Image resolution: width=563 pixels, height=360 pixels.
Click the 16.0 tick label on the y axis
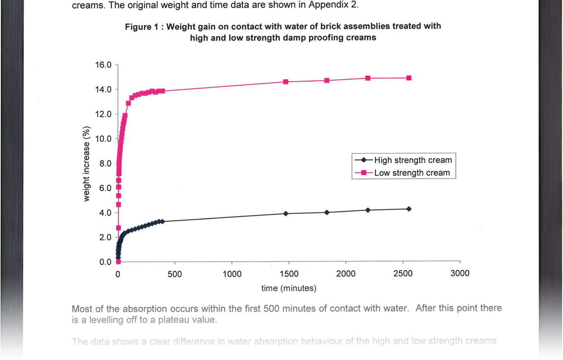pyautogui.click(x=103, y=65)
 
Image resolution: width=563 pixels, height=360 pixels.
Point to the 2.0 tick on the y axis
pyautogui.click(x=106, y=237)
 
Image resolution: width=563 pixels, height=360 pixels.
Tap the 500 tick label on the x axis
pyautogui.click(x=175, y=274)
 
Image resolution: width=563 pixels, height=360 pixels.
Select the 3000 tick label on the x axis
pyautogui.click(x=460, y=273)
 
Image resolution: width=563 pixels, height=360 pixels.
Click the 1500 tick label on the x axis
pyautogui.click(x=289, y=274)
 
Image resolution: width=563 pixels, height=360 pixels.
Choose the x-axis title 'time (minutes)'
pyautogui.click(x=289, y=288)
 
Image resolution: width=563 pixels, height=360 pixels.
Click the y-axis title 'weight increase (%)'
pyautogui.click(x=87, y=164)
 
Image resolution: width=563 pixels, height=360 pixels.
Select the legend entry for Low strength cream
pyautogui.click(x=412, y=173)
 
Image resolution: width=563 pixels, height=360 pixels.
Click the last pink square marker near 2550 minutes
pyautogui.click(x=409, y=78)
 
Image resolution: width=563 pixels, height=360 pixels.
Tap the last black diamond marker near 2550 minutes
pyautogui.click(x=409, y=209)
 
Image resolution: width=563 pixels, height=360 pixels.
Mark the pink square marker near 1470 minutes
pyautogui.click(x=286, y=82)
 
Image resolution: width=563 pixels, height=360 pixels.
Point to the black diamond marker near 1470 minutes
pyautogui.click(x=286, y=214)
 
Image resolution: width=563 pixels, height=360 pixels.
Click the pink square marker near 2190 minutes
pyautogui.click(x=368, y=78)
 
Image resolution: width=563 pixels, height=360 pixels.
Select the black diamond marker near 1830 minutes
pyautogui.click(x=327, y=213)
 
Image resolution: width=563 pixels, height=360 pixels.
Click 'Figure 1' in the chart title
pyautogui.click(x=141, y=27)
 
